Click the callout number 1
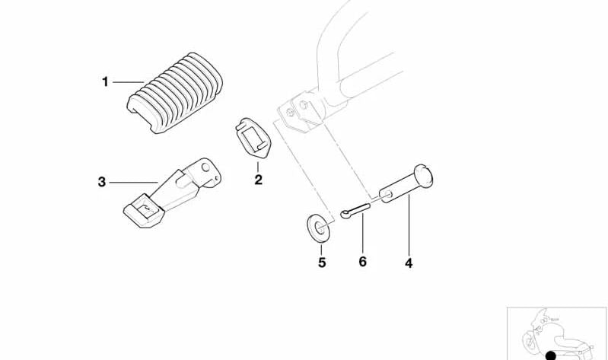(105, 82)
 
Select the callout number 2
(258, 180)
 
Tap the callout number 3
(102, 182)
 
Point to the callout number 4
(409, 263)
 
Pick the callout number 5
(322, 263)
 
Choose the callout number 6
(362, 262)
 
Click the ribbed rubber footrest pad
(175, 93)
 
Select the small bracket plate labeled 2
(253, 138)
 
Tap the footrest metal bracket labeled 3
(173, 192)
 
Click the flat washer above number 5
(319, 228)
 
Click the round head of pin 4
(423, 176)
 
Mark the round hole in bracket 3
(205, 167)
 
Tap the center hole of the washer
(320, 228)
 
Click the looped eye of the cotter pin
(345, 213)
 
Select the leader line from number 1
(129, 82)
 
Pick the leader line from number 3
(134, 183)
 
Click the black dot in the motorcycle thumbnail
(551, 355)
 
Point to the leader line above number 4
(409, 226)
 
